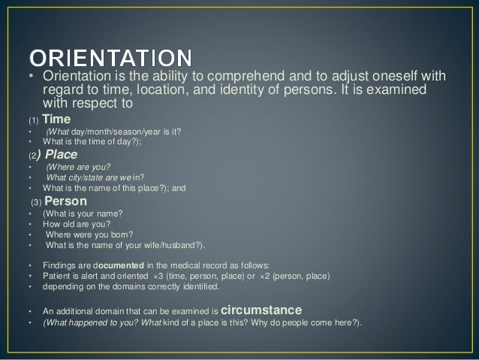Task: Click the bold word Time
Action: pyautogui.click(x=57, y=119)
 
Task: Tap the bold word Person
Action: pyautogui.click(x=66, y=201)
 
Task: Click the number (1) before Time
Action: pyautogui.click(x=32, y=120)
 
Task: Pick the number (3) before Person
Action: pyautogui.click(x=36, y=203)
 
